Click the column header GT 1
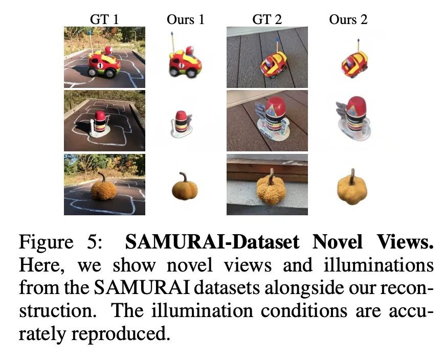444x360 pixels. [x=104, y=19]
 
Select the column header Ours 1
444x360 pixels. [x=186, y=19]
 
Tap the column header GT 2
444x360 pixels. [x=267, y=19]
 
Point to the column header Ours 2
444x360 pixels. [x=348, y=19]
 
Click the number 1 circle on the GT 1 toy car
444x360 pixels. [x=100, y=65]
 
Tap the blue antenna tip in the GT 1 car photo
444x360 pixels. [x=90, y=33]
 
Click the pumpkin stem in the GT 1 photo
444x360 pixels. [x=101, y=177]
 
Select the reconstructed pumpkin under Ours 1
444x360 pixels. [x=185, y=186]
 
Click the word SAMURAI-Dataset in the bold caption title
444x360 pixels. [x=212, y=242]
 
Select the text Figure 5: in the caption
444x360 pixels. [x=60, y=242]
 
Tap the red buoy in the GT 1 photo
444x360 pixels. [x=100, y=122]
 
